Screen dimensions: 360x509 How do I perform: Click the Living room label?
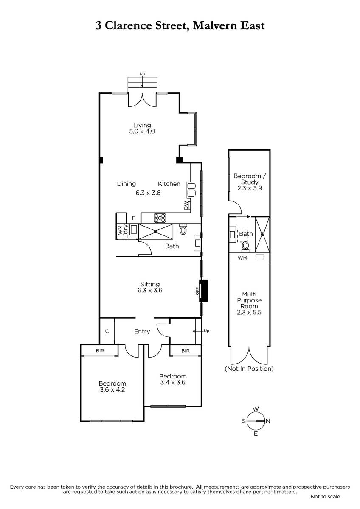(142, 125)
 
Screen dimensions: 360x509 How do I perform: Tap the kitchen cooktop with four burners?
(160, 218)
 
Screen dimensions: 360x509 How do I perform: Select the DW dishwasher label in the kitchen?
(186, 205)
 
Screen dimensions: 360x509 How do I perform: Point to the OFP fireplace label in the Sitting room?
(197, 291)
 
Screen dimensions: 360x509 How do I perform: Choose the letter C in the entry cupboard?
(107, 331)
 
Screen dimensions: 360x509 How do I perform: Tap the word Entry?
(142, 331)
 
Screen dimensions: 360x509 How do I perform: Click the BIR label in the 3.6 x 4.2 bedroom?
(100, 351)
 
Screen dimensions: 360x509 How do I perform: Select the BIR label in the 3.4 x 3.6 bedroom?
(186, 351)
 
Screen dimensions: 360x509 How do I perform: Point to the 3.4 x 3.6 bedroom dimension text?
(173, 382)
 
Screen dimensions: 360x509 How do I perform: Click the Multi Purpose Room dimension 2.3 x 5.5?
(249, 312)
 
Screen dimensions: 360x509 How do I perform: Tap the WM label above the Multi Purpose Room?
(242, 258)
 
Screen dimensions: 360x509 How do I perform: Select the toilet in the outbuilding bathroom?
(245, 246)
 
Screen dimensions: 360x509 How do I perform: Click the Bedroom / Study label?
(250, 179)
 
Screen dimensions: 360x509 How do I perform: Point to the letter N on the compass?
(268, 421)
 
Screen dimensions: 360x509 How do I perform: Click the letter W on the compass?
(256, 409)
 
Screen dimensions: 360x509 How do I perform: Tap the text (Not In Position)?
(249, 369)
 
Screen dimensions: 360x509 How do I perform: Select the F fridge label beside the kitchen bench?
(133, 218)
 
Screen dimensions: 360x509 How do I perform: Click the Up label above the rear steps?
(142, 74)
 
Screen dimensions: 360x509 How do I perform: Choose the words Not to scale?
(325, 497)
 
